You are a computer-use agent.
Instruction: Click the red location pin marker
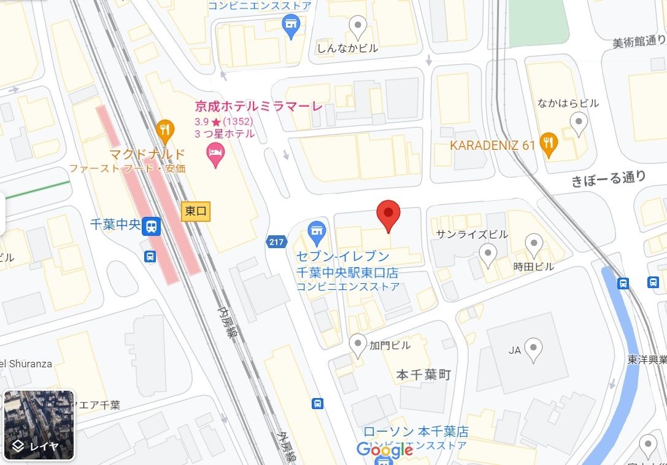click(388, 214)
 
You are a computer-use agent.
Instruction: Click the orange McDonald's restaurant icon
click(164, 129)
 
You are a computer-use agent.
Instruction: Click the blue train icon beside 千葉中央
click(150, 227)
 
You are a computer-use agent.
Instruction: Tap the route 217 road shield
click(277, 242)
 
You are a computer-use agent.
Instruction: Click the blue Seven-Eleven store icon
click(317, 233)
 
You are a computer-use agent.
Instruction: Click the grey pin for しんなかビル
click(357, 26)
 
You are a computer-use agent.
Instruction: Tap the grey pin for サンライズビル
click(488, 253)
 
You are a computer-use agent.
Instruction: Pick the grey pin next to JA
click(534, 350)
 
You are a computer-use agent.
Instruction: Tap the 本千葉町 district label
click(423, 375)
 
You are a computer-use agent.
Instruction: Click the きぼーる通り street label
click(608, 179)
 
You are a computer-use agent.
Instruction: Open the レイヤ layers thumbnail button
click(39, 425)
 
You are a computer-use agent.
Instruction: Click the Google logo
click(385, 450)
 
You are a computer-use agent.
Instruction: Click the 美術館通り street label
click(639, 42)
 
